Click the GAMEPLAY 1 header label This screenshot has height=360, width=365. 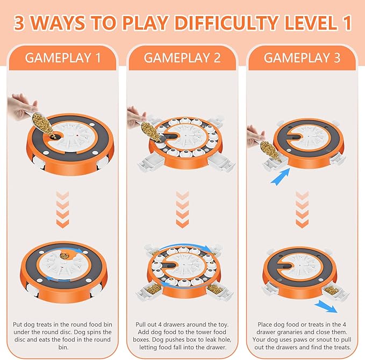63,57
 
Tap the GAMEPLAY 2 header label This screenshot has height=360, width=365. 182,57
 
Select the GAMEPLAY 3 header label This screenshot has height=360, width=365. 302,57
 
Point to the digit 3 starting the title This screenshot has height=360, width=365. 19,23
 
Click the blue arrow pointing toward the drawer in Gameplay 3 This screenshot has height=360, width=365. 280,177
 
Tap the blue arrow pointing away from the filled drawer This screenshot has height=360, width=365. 325,306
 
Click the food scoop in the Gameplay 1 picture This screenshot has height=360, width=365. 43,126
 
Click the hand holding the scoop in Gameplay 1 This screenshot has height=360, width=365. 20,107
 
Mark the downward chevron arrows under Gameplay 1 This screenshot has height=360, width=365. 62,210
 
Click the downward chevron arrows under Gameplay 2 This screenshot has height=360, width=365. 183,210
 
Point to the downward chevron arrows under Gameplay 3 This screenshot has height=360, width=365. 302,210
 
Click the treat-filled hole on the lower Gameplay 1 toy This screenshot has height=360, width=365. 65,256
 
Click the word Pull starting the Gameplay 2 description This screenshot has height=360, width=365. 140,325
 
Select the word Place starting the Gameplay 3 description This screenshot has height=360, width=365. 264,325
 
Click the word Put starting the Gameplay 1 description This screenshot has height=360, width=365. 17,325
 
